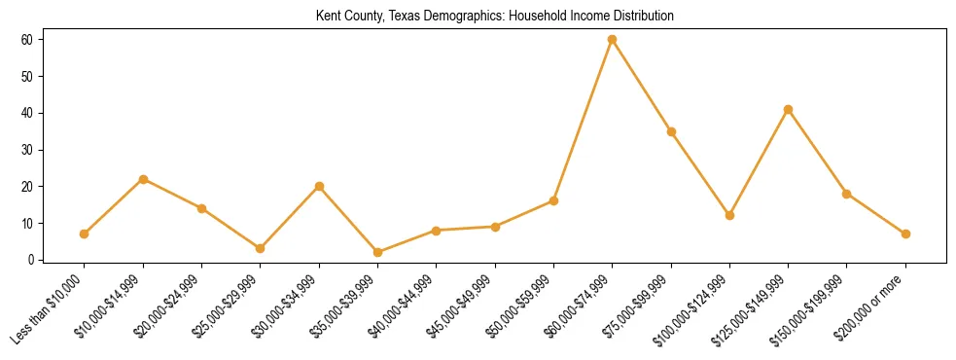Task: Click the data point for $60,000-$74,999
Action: [x=612, y=40]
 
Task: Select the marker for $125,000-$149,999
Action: [x=788, y=109]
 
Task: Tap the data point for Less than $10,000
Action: [x=85, y=234]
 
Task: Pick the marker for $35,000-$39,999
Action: [x=377, y=252]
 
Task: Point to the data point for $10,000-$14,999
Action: [x=143, y=179]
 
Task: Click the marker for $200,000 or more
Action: [x=905, y=234]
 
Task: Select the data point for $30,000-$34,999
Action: [x=319, y=186]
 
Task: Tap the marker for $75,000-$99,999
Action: [x=671, y=131]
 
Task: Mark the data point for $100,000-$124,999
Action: [x=729, y=215]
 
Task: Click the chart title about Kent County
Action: [x=495, y=17]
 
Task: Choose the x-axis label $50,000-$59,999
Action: [x=518, y=307]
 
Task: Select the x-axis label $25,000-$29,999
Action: [x=226, y=307]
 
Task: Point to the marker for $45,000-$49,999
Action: [x=495, y=227]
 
